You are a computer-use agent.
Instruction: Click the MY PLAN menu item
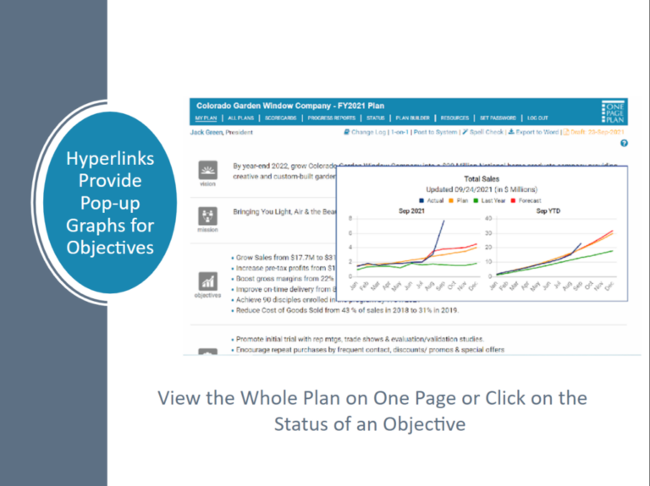click(204, 117)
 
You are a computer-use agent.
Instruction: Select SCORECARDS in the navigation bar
click(280, 117)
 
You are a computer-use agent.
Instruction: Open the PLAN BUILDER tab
click(410, 117)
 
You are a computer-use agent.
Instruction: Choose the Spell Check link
click(482, 133)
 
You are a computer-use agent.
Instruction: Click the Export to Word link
click(535, 133)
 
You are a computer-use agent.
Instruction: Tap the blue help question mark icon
click(624, 144)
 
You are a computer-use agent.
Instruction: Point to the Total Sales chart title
click(482, 179)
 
